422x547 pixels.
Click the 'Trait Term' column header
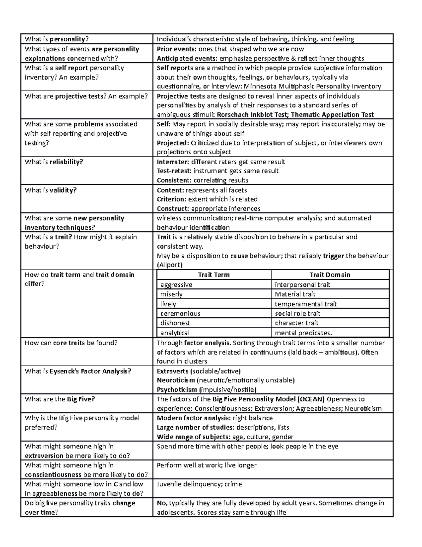213,275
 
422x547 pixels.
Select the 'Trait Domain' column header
330,275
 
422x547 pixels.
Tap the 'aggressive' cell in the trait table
176,285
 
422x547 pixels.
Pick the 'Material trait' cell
295,294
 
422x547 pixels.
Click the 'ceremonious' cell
180,313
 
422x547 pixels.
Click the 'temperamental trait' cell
306,304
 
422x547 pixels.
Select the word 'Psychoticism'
177,390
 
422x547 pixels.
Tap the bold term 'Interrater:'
173,162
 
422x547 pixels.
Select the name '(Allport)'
170,265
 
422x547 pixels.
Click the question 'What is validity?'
51,190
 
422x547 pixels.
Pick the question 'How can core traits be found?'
71,343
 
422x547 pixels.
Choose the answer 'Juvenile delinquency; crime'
199,484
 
